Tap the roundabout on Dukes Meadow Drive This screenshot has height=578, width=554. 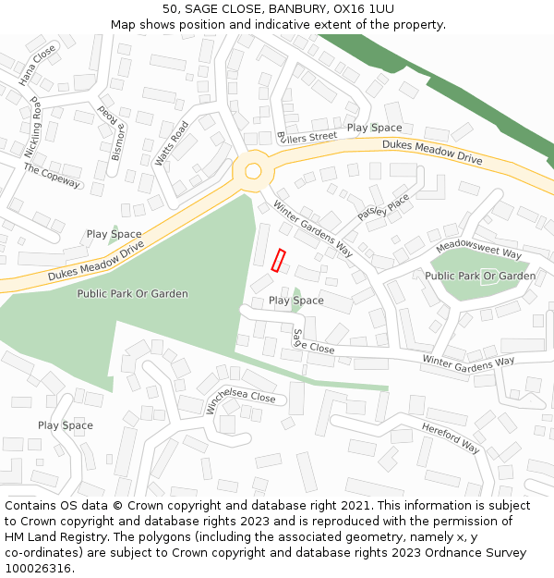(x=252, y=171)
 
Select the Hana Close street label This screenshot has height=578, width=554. (x=38, y=65)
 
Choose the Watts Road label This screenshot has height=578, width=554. (x=172, y=143)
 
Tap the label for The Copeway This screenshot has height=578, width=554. (x=52, y=176)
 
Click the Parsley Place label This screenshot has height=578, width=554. (x=383, y=212)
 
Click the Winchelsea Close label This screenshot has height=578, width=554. (x=241, y=400)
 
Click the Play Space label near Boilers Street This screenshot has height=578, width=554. (x=374, y=128)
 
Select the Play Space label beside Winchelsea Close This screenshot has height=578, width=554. (x=65, y=425)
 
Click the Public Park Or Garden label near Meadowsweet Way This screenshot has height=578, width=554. (x=480, y=276)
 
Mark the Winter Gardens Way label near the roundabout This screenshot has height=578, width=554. (x=313, y=229)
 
